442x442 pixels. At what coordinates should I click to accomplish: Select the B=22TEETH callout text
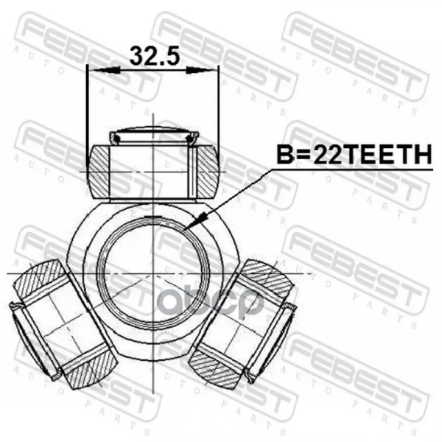tap(354, 155)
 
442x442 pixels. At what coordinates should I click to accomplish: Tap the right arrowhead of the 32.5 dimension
tap(200, 71)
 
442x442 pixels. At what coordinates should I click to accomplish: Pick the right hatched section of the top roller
tap(208, 172)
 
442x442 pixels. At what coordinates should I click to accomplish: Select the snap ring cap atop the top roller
tap(154, 136)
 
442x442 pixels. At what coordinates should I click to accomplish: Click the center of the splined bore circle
tap(152, 273)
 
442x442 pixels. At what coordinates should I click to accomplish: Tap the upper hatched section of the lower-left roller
tap(38, 278)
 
